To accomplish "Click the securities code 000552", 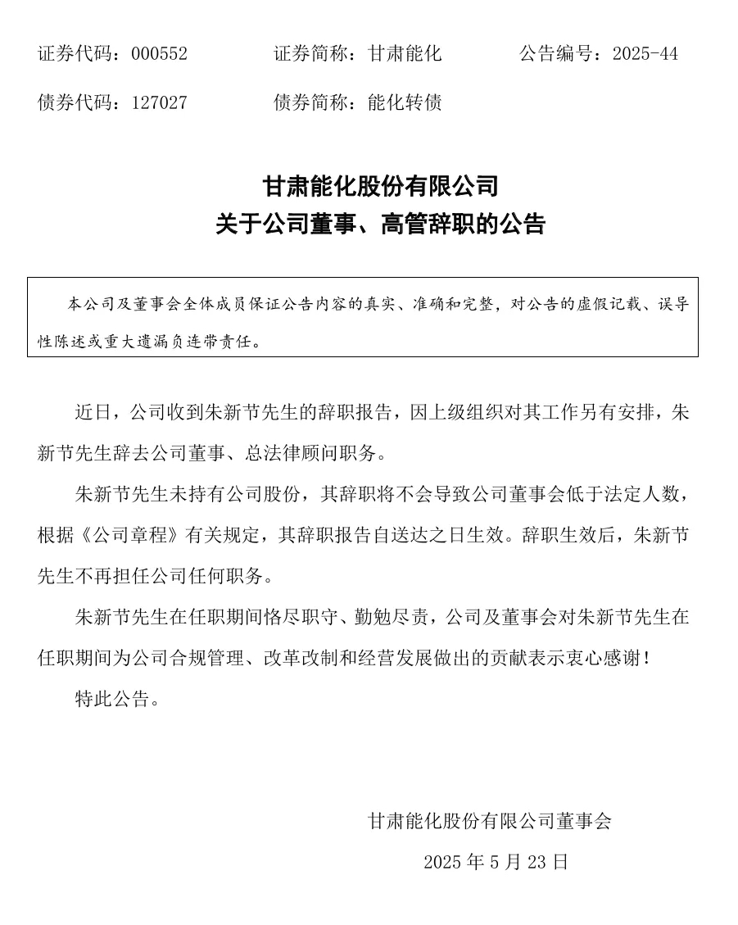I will tap(160, 54).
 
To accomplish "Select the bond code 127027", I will tap(160, 102).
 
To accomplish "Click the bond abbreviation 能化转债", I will tap(405, 102).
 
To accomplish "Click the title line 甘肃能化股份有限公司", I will tap(380, 186).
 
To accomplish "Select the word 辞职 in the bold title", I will tap(441, 224).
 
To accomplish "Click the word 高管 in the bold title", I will tap(401, 224).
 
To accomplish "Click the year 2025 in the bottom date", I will tap(443, 862).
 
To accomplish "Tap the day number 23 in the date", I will tap(537, 862).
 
